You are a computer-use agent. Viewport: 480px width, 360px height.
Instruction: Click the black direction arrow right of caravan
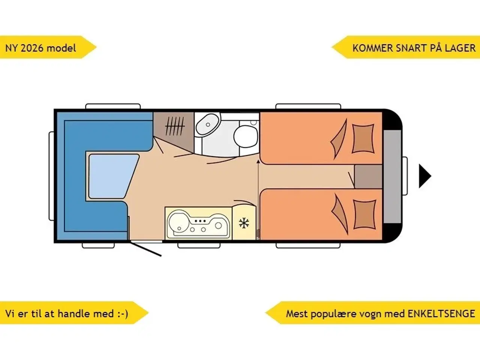pos(424,176)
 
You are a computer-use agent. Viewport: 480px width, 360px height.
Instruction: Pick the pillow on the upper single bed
pos(363,138)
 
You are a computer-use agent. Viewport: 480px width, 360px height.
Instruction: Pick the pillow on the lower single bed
pos(364,214)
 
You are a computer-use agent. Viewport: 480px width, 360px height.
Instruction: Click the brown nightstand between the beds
pos(368,177)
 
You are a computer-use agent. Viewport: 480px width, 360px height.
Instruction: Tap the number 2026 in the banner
pos(31,48)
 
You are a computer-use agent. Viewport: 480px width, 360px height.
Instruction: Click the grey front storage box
pos(392,176)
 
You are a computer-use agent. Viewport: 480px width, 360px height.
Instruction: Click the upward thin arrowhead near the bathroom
pos(258,161)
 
